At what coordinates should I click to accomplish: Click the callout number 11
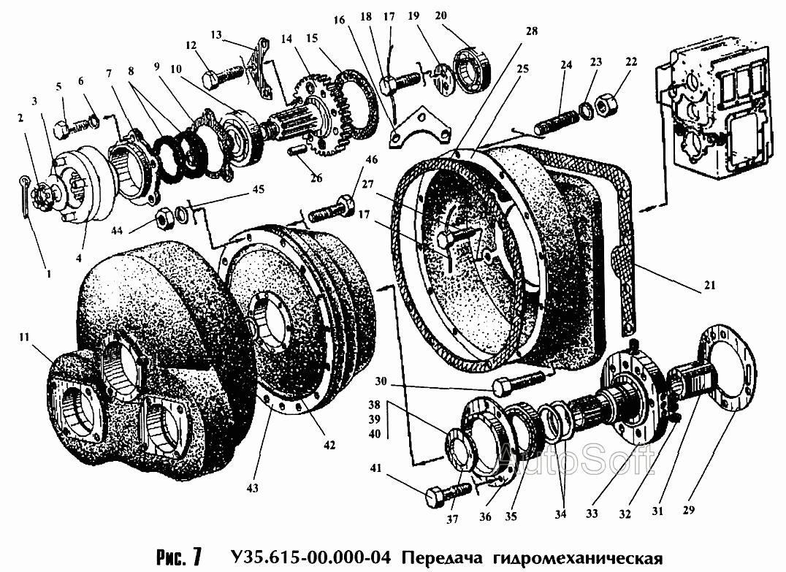point(25,338)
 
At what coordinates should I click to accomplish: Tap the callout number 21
point(709,286)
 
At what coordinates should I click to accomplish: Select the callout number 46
point(371,161)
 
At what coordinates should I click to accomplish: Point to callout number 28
point(531,31)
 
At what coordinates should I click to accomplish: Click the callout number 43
point(252,487)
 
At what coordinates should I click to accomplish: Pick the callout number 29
point(689,510)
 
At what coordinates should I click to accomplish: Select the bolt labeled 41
point(448,494)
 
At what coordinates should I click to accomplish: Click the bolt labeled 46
point(332,210)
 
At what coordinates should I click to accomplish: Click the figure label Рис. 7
point(179,556)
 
